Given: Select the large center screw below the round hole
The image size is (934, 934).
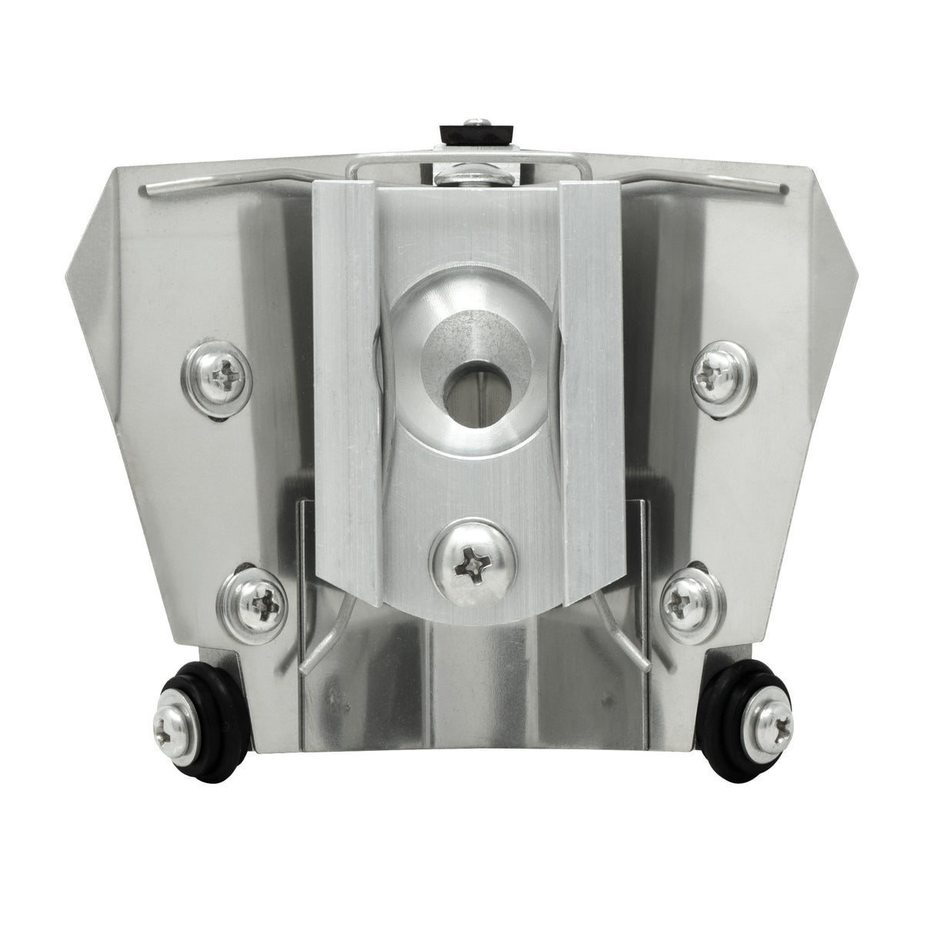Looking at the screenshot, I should click(x=467, y=569).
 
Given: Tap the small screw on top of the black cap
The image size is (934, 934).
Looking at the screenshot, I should click(x=477, y=118).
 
